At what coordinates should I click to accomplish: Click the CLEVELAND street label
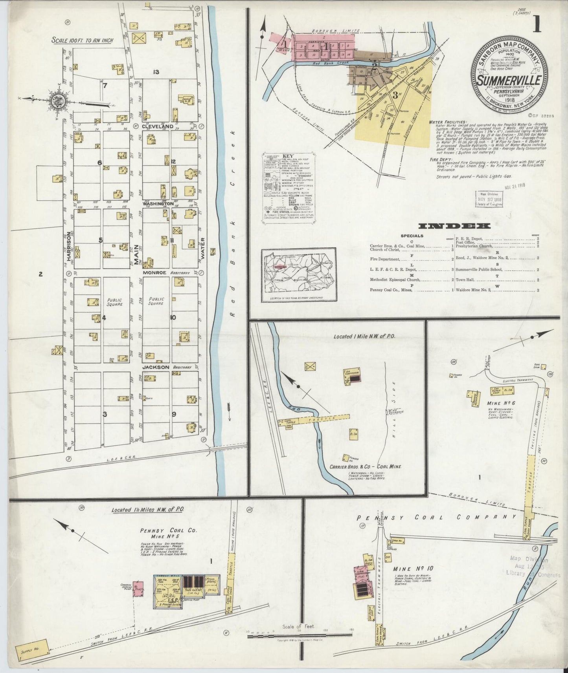pos(158,126)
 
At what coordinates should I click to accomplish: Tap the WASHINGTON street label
pos(158,204)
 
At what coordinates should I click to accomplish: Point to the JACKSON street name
pos(156,367)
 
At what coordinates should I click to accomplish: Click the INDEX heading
pos(454,226)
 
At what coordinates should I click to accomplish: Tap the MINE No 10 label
pos(409,569)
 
